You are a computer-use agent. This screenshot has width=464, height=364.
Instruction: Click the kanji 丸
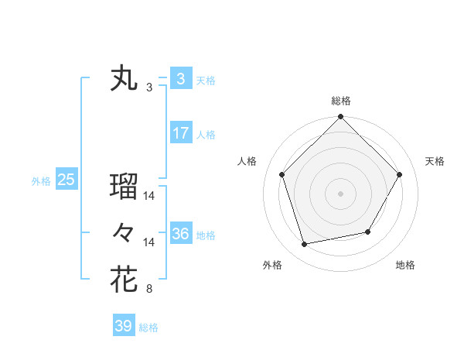pyautogui.click(x=124, y=79)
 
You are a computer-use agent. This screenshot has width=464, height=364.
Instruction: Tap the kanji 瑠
pyautogui.click(x=124, y=186)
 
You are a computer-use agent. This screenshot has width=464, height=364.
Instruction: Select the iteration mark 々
pyautogui.click(x=124, y=232)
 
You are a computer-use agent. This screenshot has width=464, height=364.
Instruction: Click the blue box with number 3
pyautogui.click(x=180, y=78)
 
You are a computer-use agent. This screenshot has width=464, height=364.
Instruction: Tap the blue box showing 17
pyautogui.click(x=180, y=133)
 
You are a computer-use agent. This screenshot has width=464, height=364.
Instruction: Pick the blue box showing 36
pyautogui.click(x=180, y=234)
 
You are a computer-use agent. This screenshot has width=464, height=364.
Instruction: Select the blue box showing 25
pyautogui.click(x=66, y=180)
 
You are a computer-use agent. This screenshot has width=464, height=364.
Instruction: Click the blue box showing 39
pyautogui.click(x=123, y=326)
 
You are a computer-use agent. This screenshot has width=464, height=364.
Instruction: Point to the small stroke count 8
pyautogui.click(x=149, y=290)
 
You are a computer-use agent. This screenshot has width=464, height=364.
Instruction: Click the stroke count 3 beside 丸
pyautogui.click(x=149, y=88)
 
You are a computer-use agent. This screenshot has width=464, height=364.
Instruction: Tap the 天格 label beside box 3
pyautogui.click(x=206, y=81)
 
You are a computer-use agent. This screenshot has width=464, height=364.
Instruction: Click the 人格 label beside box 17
pyautogui.click(x=206, y=135)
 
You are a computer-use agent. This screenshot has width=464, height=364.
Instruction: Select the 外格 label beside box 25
pyautogui.click(x=40, y=181)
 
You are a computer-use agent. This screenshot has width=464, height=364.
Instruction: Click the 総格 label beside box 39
pyautogui.click(x=148, y=328)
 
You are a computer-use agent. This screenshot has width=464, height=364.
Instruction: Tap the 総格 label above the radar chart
pyautogui.click(x=340, y=101)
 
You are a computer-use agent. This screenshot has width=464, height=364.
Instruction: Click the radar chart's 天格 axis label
pyautogui.click(x=435, y=161)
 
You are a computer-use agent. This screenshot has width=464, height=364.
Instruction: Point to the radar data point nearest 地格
pyautogui.click(x=368, y=232)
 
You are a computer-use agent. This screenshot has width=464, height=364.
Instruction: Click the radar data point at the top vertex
pyautogui.click(x=340, y=118)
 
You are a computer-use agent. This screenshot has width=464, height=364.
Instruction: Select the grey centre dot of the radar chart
pyautogui.click(x=340, y=193)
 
